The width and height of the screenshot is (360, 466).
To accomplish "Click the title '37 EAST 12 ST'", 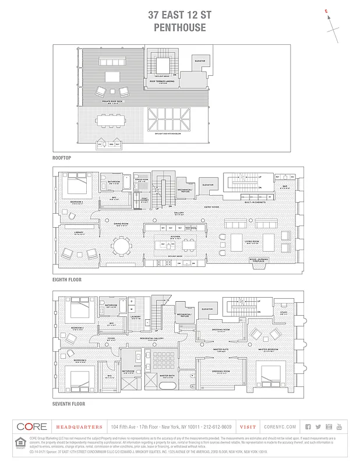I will (179, 16).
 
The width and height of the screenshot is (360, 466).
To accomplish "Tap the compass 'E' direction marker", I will (326, 11).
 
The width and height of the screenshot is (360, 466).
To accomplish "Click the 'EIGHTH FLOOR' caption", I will (67, 280).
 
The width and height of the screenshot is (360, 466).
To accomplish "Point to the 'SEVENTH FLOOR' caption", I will (69, 403).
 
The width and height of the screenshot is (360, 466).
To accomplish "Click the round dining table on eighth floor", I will (122, 246).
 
